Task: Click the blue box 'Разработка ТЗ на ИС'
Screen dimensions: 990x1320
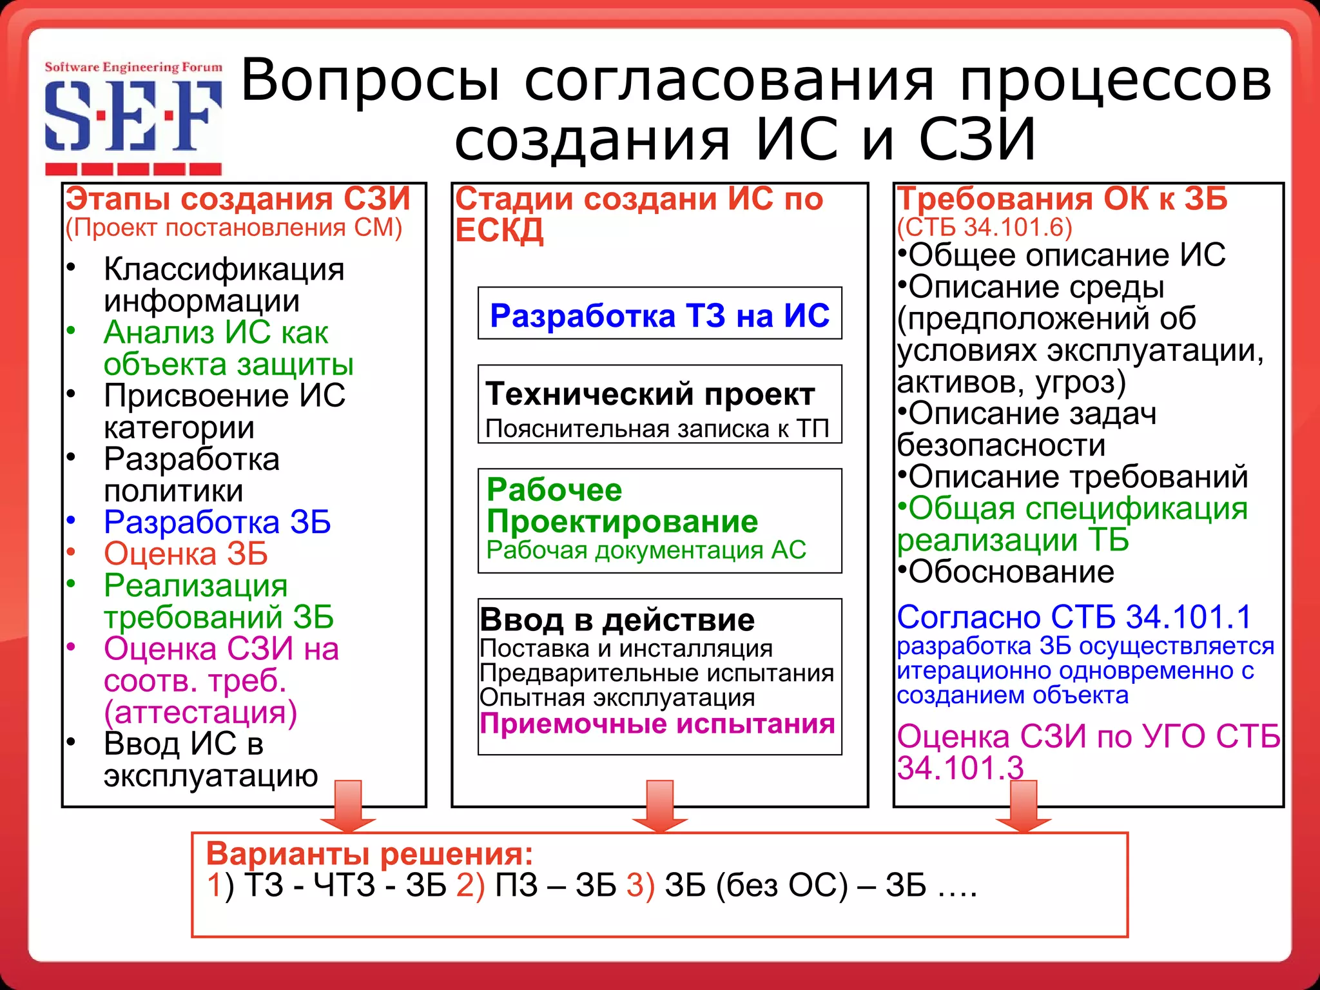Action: [659, 315]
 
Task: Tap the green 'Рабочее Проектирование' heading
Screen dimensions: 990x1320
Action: [621, 505]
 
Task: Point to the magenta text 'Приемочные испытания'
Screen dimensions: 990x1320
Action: [657, 724]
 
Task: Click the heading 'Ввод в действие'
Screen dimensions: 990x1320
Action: [617, 619]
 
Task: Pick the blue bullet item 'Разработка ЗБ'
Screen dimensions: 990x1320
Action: [217, 522]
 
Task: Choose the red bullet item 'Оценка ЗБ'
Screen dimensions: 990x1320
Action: [186, 554]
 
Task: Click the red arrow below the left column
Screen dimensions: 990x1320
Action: [348, 806]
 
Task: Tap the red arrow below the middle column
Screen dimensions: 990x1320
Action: [659, 806]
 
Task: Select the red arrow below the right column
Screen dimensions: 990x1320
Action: [1023, 806]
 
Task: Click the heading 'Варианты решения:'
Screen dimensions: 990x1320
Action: [369, 853]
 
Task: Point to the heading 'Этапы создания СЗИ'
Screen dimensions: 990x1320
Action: [238, 199]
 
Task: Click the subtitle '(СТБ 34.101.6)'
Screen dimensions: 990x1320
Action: [984, 227]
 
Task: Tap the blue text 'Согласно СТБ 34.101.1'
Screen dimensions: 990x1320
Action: [1074, 617]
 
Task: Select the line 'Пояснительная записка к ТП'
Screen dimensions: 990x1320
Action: [657, 429]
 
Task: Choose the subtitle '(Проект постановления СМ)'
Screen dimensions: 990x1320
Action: [233, 228]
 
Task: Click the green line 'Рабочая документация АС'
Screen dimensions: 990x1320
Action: [646, 550]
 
